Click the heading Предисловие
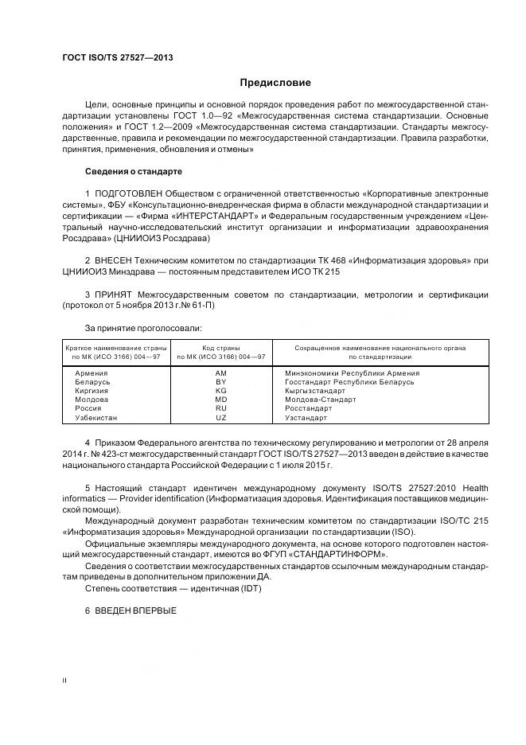pos(276,83)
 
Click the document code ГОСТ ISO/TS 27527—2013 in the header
pos(117,58)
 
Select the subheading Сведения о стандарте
pos(134,171)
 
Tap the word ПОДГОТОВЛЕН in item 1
pos(131,194)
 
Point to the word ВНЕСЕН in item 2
pos(116,261)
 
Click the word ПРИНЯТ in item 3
pos(115,294)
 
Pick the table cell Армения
pos(91,372)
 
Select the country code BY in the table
pos(221,382)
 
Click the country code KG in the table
pos(221,391)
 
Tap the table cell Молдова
pos(92,400)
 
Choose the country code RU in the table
pos(221,408)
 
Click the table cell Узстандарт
pos(306,417)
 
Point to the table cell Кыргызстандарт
pos(316,391)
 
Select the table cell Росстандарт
pos(309,408)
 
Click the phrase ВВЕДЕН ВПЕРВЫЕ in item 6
pos(135,610)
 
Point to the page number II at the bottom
pos(64,681)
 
